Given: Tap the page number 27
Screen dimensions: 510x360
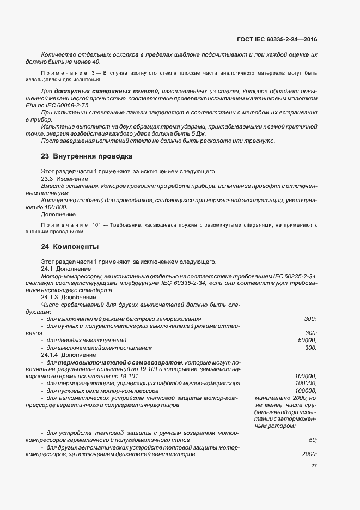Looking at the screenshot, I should click(x=314, y=466).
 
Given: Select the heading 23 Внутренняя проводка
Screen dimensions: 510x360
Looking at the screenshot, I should click(x=87, y=156).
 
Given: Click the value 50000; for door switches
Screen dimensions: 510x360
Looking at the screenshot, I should click(x=307, y=340).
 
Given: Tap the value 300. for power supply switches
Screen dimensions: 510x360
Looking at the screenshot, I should click(x=310, y=348).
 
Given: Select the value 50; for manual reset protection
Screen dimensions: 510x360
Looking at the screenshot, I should click(x=313, y=439).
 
